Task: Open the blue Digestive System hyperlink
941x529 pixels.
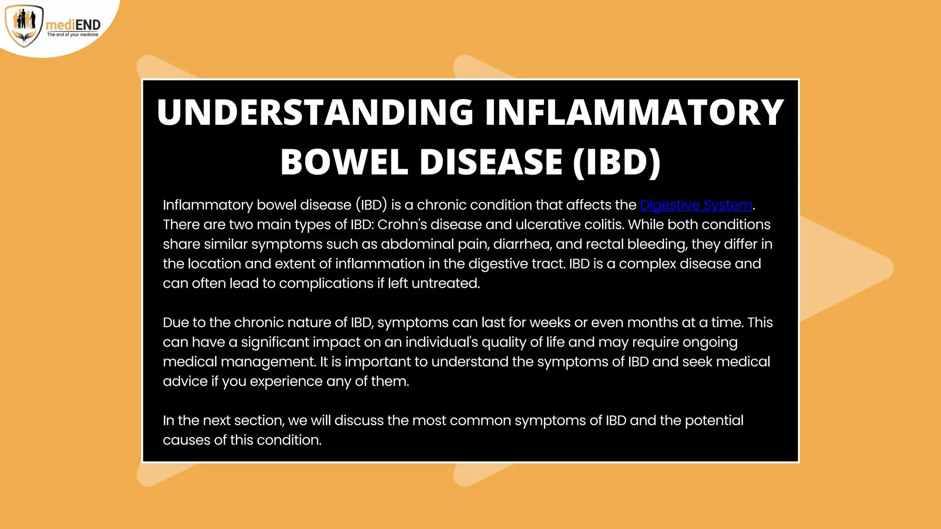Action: tap(696, 205)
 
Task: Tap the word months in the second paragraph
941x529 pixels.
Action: tap(652, 322)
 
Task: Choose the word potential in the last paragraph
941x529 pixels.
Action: tap(714, 421)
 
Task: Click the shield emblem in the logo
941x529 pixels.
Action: tap(24, 26)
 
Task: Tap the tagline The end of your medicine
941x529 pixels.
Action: tap(73, 35)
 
